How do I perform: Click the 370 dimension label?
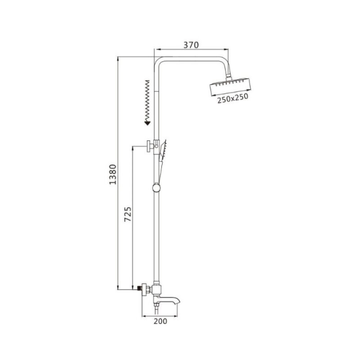pyautogui.click(x=191, y=45)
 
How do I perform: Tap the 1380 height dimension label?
pyautogui.click(x=113, y=174)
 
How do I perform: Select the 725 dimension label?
pyautogui.click(x=128, y=214)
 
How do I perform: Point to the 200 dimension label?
pyautogui.click(x=160, y=321)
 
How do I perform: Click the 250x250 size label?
pyautogui.click(x=233, y=98)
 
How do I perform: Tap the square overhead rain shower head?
pyautogui.click(x=230, y=87)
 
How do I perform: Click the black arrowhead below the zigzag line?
pyautogui.click(x=147, y=123)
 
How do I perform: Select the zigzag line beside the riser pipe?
pyautogui.click(x=147, y=100)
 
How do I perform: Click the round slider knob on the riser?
pyautogui.click(x=156, y=188)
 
